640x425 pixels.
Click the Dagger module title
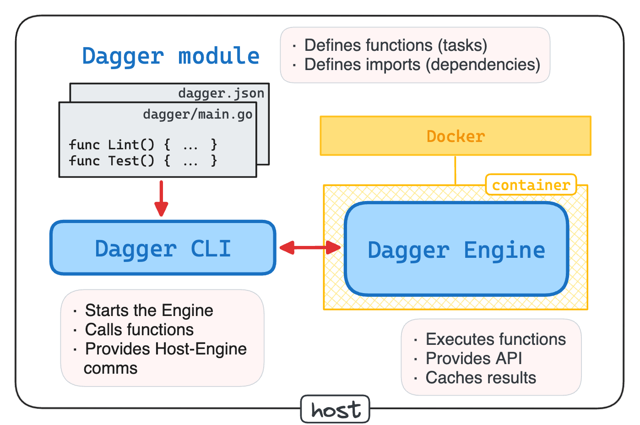click(171, 56)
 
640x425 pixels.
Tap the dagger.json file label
click(221, 93)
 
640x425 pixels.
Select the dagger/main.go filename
click(198, 114)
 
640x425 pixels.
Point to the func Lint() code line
click(143, 145)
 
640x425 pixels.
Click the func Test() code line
click(143, 161)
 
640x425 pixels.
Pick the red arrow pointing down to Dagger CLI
click(161, 198)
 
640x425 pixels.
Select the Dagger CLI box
click(163, 248)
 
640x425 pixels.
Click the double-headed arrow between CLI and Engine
click(310, 247)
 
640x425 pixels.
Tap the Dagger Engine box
click(456, 249)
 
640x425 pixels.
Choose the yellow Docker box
click(456, 136)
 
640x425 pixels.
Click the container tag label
click(531, 185)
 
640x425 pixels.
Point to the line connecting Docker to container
click(455, 170)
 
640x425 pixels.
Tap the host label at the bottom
click(336, 409)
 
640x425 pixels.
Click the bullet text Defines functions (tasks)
click(396, 45)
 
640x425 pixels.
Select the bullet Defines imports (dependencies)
click(422, 65)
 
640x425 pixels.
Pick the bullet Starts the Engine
click(149, 310)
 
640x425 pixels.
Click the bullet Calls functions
click(140, 330)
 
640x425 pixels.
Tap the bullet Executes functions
click(496, 339)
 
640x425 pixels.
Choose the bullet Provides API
click(474, 358)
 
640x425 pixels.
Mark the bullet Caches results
click(481, 377)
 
